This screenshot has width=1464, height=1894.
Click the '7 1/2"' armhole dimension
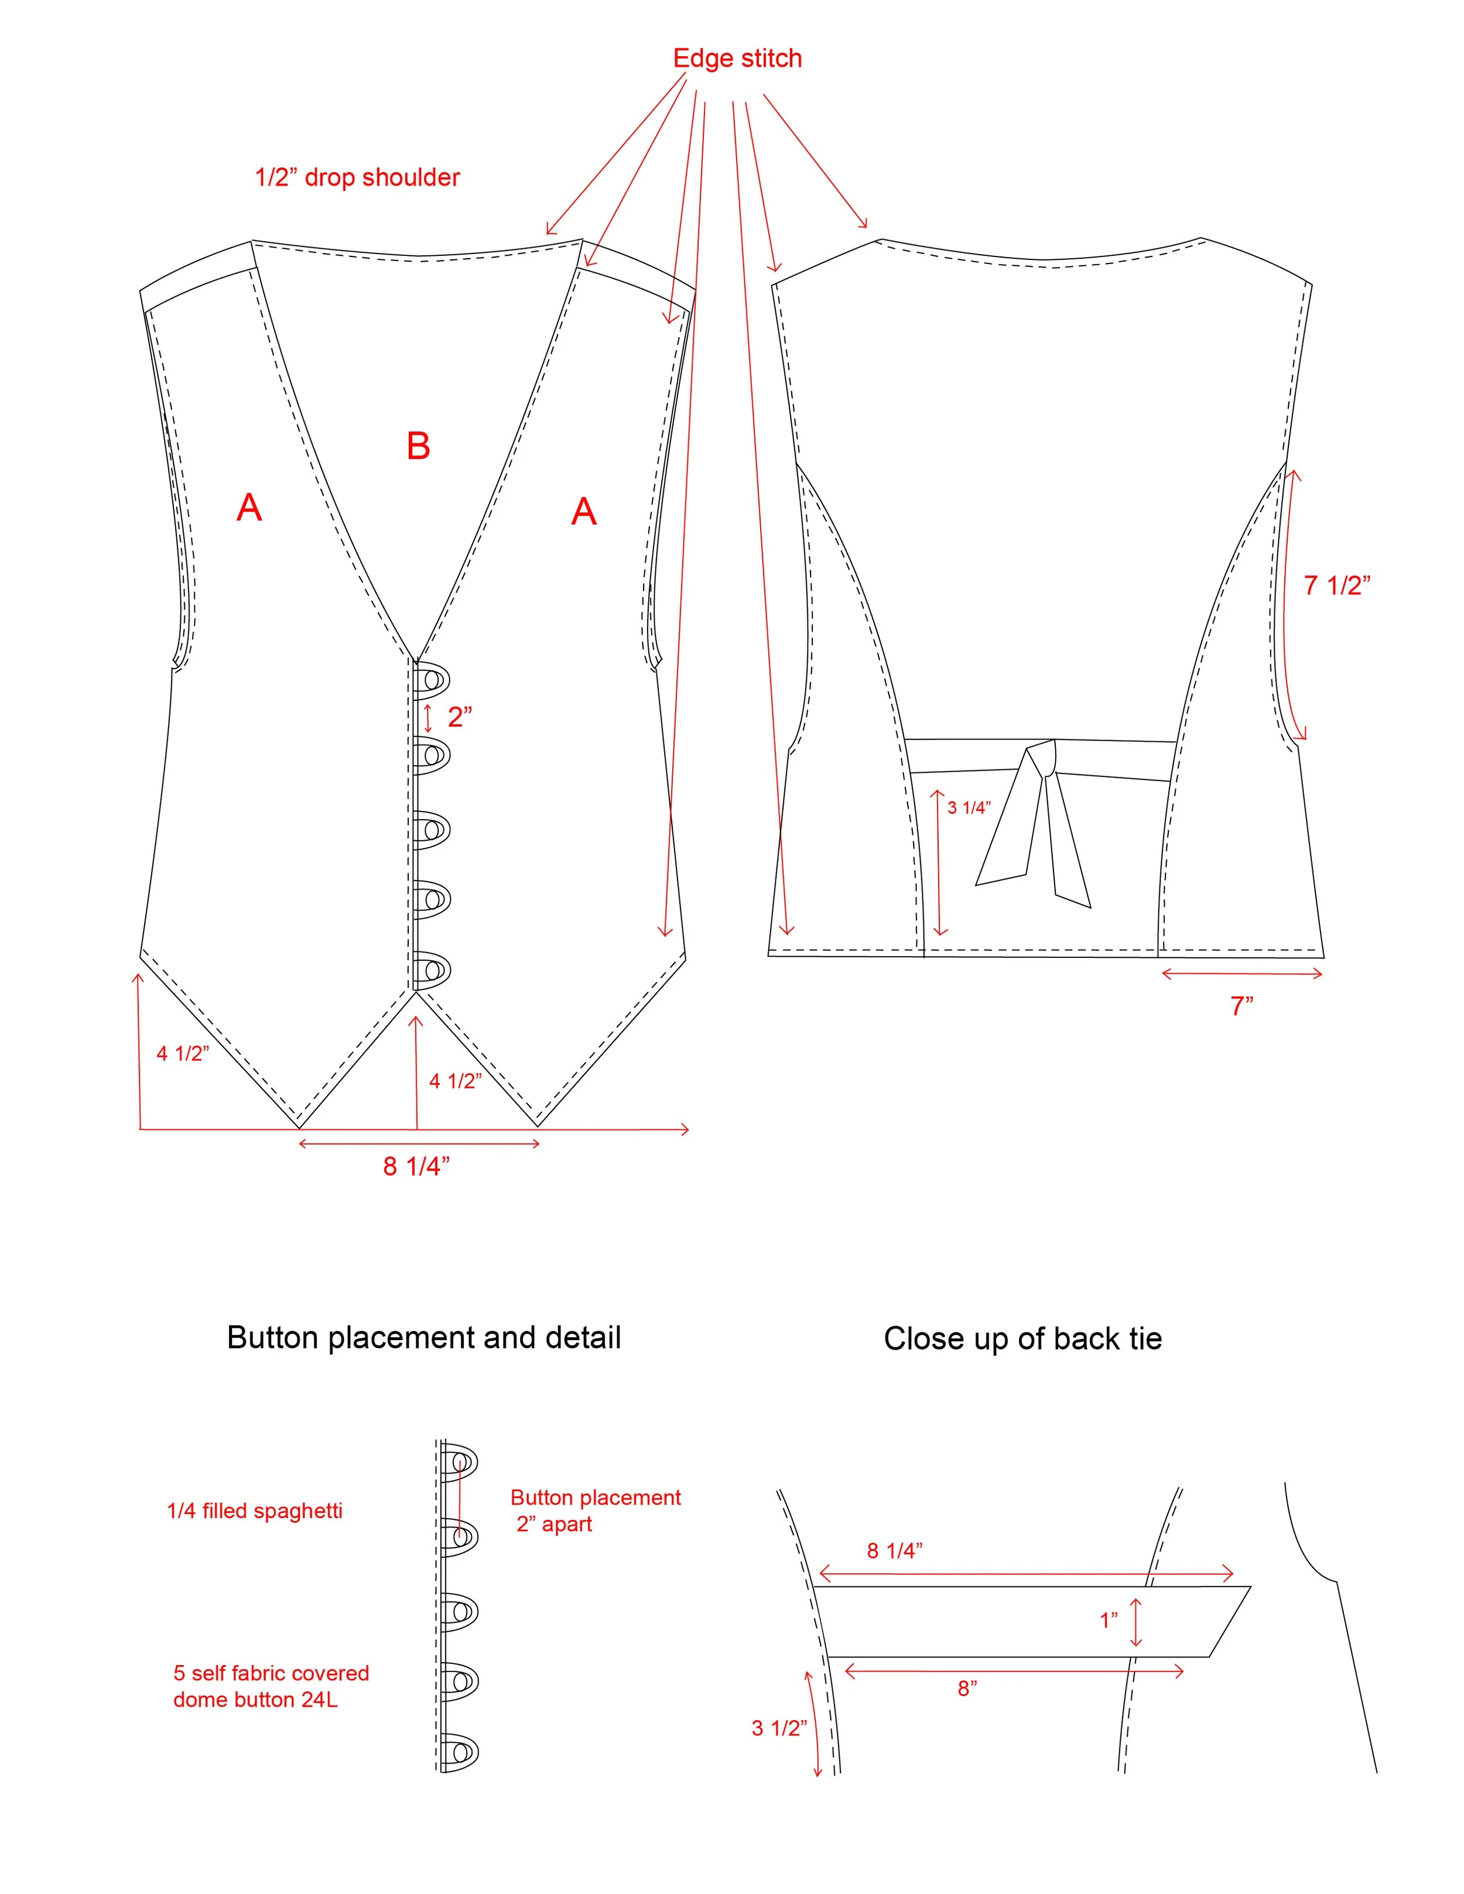coord(1336,585)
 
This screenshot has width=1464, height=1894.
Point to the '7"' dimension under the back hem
coord(1241,1006)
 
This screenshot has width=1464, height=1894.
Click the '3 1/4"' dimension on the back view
coord(968,807)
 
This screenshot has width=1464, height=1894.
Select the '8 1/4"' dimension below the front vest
coord(416,1166)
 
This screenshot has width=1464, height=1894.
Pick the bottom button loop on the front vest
coord(431,970)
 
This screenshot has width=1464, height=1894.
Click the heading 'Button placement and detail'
coord(423,1338)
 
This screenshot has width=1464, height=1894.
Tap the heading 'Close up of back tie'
coord(1022,1339)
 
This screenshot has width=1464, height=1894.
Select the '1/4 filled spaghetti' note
coord(254,1511)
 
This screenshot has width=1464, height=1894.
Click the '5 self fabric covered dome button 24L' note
coord(271,1686)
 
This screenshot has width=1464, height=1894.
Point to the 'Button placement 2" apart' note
coord(595,1511)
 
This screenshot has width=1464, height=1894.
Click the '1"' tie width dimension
coord(1109,1620)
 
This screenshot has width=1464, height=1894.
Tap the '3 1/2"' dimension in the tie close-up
coord(779,1728)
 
